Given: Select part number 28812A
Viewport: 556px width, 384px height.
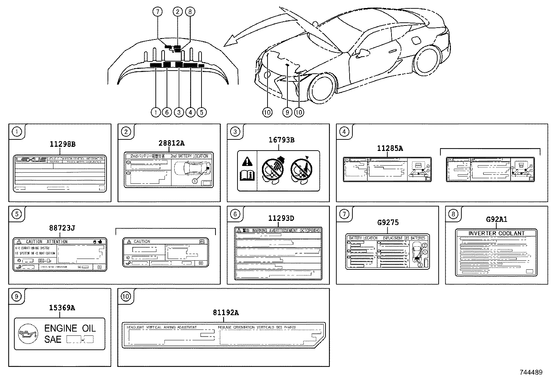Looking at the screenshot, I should (x=171, y=143).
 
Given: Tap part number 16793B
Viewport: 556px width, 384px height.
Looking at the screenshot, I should (x=281, y=140).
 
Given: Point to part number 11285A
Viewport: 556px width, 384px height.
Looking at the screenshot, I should (x=390, y=148).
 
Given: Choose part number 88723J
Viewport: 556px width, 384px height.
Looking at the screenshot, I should (x=62, y=228).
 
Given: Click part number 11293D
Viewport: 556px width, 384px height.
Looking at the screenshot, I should (x=281, y=218).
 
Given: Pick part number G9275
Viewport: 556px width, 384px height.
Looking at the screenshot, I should (x=388, y=222).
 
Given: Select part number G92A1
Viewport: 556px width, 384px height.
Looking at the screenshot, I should (x=496, y=219).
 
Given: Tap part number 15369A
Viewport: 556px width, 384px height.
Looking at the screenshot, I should (x=62, y=308).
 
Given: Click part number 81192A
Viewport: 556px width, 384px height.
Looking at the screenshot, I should (x=226, y=313).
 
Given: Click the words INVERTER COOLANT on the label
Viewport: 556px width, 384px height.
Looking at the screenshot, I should (x=496, y=233).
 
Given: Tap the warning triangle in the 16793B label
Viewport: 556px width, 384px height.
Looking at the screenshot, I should (x=247, y=162).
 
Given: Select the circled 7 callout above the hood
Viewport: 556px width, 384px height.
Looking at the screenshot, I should (x=158, y=12).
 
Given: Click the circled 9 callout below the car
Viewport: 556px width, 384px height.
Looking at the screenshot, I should (x=287, y=112).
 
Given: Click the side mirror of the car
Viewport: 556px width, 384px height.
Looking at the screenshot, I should (x=363, y=53).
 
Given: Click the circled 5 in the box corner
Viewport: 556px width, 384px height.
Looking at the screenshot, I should (x=16, y=214).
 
